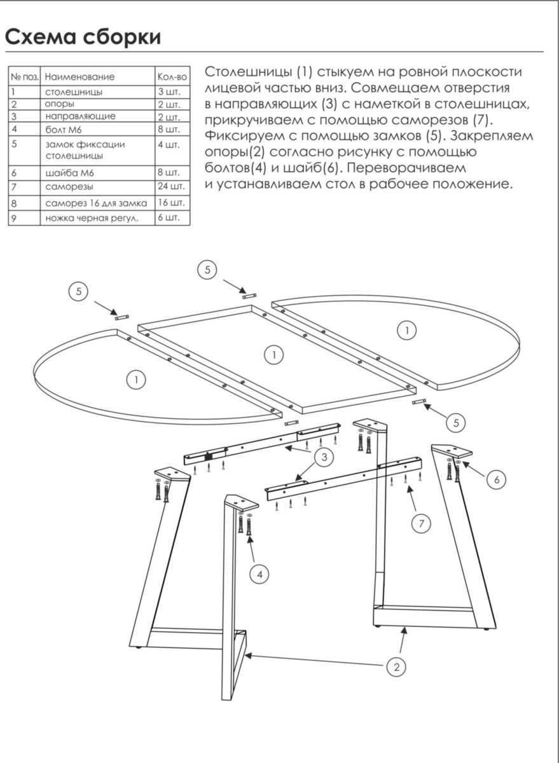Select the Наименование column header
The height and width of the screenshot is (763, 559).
coord(80,77)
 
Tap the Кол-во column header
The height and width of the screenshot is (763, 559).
coord(172,77)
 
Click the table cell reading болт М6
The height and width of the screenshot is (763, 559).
coord(64,129)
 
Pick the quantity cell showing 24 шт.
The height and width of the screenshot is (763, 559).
coord(172,187)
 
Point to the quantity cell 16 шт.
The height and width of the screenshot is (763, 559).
coord(172,203)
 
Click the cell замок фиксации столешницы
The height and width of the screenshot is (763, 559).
coord(85,149)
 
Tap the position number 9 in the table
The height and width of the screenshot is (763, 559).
coord(13,218)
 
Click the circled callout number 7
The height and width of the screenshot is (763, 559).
coord(420,524)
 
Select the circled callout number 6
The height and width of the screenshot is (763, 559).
coord(497,480)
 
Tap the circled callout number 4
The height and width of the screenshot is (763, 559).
coord(259,575)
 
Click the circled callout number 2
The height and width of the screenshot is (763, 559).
coord(396,666)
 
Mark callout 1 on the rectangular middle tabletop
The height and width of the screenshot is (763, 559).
coord(273,355)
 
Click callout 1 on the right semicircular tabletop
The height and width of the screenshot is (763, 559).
coord(406,329)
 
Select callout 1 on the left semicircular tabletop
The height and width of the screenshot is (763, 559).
coord(135,380)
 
